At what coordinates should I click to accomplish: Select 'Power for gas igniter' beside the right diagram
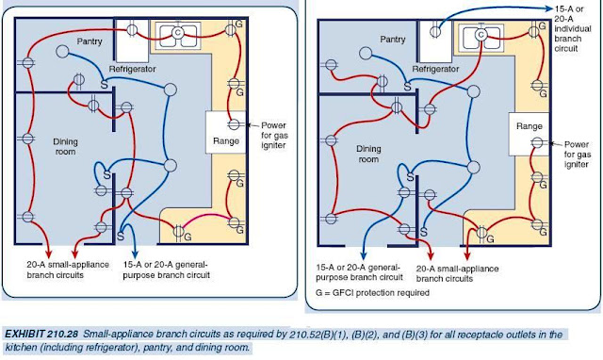(573, 149)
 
